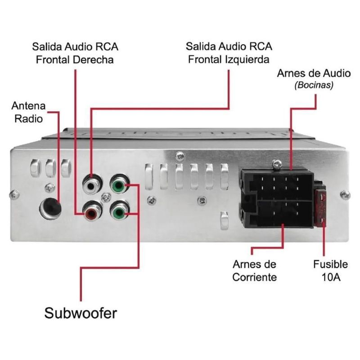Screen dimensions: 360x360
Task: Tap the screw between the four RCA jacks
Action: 105,197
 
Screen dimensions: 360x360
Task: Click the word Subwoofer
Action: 81,313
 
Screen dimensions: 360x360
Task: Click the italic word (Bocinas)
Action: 314,85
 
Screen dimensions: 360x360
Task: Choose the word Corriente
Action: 254,277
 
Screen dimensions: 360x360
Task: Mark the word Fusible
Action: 331,265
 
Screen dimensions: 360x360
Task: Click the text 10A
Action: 331,277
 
